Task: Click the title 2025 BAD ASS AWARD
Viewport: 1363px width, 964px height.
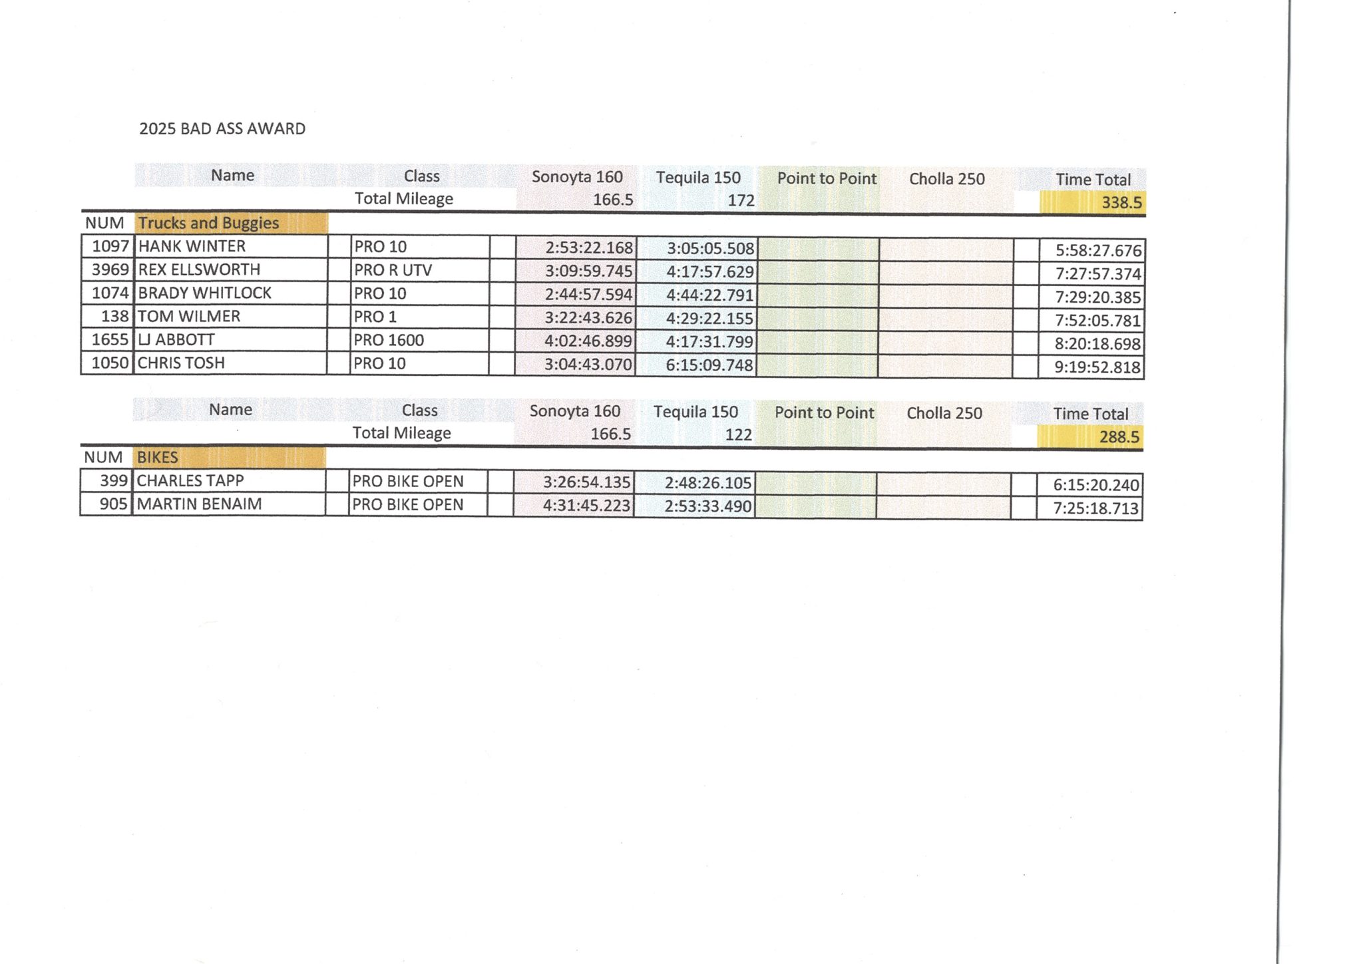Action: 222,128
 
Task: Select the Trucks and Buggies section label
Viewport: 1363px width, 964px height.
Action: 208,223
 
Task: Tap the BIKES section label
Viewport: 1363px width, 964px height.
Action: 158,457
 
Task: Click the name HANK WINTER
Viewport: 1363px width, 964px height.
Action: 192,246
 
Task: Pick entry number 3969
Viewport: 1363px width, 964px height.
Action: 110,269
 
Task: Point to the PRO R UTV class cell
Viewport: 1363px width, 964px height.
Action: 393,270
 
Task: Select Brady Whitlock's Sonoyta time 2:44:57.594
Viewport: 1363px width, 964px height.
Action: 588,294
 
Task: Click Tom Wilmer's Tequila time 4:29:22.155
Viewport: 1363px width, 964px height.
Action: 709,318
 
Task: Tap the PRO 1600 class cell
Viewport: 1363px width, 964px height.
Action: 389,340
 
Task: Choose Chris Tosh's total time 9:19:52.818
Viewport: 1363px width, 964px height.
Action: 1097,367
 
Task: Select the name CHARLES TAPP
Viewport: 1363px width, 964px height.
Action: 190,480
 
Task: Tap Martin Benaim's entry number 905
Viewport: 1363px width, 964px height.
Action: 113,504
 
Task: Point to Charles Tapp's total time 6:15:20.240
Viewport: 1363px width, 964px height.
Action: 1095,485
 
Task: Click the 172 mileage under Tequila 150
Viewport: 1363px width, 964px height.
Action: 741,200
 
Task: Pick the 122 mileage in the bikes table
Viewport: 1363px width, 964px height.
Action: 738,434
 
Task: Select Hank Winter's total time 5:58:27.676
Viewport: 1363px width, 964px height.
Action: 1098,250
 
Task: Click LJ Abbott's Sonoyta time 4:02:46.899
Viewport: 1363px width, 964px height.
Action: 588,341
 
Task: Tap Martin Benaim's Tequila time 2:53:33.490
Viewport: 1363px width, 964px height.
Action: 707,506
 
